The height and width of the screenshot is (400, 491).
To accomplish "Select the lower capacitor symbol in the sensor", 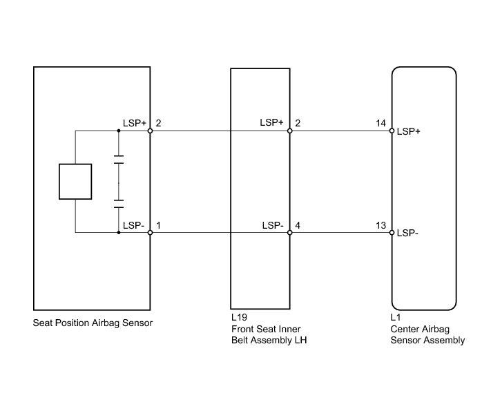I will pos(119,205).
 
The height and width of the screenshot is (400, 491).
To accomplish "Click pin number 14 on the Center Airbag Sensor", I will pos(381,123).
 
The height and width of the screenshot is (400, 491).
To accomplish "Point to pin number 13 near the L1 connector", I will pos(381,225).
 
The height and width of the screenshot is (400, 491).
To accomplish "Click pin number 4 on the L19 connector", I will pos(298,225).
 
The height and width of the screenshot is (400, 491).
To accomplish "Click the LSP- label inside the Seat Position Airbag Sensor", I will pos(134,225).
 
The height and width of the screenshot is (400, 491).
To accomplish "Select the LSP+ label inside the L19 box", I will pos(272,123).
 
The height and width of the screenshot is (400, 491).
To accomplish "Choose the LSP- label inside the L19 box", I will pos(273,225).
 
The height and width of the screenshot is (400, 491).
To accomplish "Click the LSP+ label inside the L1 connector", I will pos(409,131).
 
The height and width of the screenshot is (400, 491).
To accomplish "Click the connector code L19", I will pos(239,318).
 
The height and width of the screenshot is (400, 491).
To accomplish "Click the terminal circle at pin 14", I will pos(392,131).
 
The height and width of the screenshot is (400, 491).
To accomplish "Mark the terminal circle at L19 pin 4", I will pos(290,233).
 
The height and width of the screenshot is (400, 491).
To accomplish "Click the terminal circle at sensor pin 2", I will pos(150,131).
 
